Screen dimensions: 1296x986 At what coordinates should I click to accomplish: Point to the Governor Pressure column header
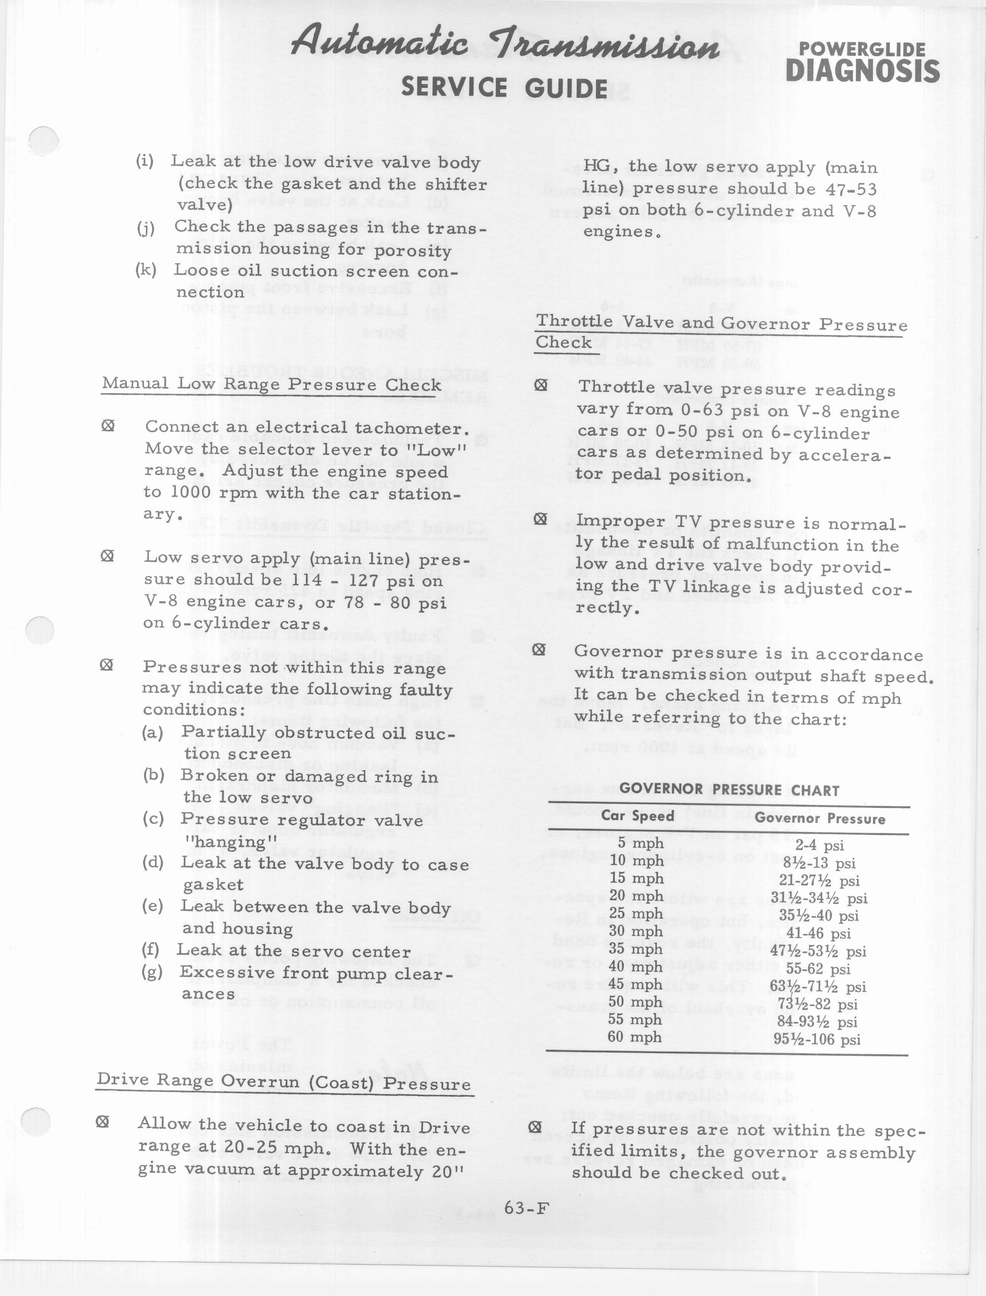[819, 818]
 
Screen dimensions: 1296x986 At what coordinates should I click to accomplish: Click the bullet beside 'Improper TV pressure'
[541, 519]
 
